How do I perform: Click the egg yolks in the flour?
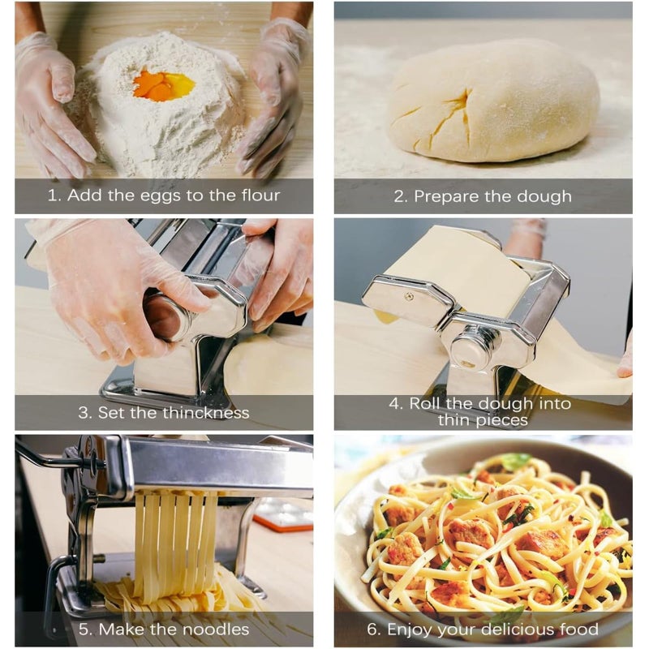[163, 84]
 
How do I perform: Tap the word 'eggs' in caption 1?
[161, 196]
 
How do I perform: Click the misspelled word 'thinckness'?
[206, 412]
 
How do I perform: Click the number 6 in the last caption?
[372, 630]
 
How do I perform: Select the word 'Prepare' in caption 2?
[445, 196]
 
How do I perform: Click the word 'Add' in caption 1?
[84, 195]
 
